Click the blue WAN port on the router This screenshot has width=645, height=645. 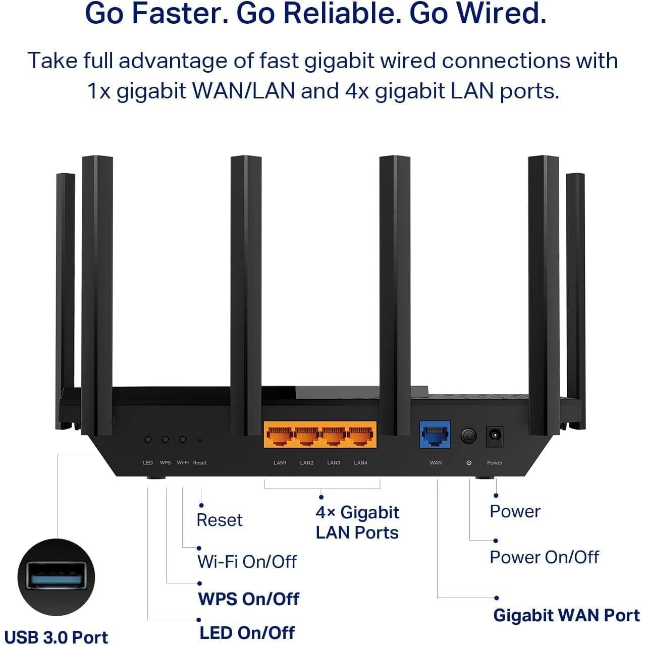435,435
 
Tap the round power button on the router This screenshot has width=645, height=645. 468,436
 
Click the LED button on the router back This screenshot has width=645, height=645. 148,440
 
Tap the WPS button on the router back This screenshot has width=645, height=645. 165,440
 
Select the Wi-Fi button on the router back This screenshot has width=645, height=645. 183,440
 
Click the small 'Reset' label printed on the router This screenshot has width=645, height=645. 200,463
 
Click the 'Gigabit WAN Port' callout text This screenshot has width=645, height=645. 566,615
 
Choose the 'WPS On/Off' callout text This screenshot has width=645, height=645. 248,599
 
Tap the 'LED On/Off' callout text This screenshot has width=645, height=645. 247,632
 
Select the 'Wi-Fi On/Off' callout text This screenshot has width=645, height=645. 247,561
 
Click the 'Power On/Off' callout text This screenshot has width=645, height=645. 544,557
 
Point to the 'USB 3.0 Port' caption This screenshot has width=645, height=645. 56,637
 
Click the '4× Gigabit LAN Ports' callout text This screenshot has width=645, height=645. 357,522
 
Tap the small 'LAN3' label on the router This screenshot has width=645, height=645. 334,463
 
